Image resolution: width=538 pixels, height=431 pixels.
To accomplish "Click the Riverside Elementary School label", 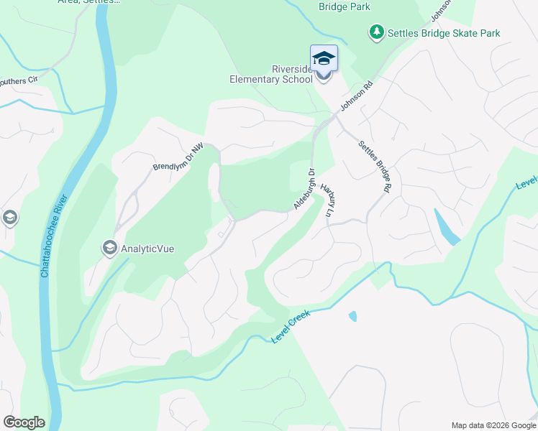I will click(271, 74).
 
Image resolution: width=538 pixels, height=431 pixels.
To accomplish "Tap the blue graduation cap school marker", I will click(324, 59).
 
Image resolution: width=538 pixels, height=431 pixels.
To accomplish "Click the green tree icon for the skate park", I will click(376, 32).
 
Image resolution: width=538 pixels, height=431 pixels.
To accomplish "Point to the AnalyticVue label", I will click(147, 249).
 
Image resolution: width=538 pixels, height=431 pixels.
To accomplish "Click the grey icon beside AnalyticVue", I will click(110, 249).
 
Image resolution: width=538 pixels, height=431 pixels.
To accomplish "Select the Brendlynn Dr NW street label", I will click(178, 157).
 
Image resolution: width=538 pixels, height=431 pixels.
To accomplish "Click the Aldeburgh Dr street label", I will click(304, 189).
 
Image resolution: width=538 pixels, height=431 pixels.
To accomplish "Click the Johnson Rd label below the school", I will click(357, 96).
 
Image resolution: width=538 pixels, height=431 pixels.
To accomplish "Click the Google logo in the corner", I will click(24, 422).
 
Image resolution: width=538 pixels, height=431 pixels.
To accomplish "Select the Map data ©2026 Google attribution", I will click(493, 425).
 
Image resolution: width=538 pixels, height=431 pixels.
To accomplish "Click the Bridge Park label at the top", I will click(344, 6).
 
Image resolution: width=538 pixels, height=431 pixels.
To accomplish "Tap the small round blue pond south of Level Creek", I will click(352, 316).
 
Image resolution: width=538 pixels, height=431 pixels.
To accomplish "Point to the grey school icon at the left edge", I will click(9, 217).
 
